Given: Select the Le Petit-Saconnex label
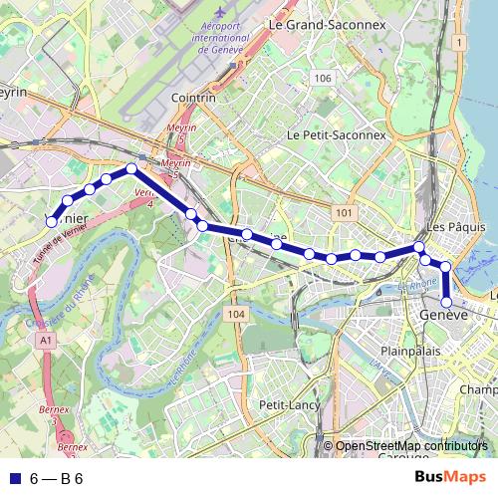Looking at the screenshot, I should [x=336, y=134].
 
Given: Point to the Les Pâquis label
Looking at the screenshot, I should [x=462, y=226].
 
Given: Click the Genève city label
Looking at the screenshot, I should [x=444, y=315].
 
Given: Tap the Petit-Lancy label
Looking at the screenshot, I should [x=287, y=405].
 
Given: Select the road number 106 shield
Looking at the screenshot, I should [x=321, y=78].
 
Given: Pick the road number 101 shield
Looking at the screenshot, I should [x=345, y=213].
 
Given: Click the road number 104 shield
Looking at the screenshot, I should [x=235, y=315].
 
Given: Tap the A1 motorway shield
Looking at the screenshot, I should [x=47, y=341].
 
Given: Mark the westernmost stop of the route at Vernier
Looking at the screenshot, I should [x=51, y=222].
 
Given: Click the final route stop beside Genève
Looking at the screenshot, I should [x=447, y=303].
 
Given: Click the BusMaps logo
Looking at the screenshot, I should [x=451, y=478].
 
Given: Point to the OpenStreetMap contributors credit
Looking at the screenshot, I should [x=411, y=446].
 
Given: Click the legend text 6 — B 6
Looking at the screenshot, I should [x=56, y=478].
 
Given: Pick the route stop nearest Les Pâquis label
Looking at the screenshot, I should [x=420, y=247].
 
